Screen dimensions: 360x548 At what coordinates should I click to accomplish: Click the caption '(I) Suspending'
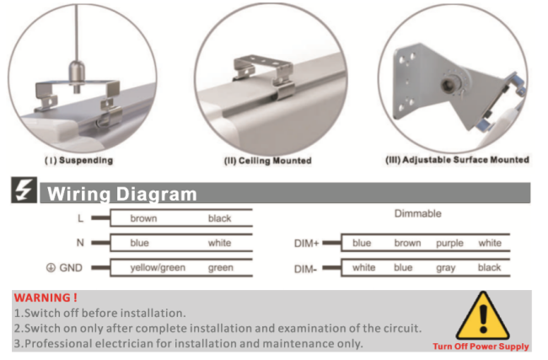point(78,159)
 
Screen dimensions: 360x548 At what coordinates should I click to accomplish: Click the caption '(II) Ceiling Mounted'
point(267,160)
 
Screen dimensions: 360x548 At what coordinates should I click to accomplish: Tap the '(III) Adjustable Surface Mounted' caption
point(457,159)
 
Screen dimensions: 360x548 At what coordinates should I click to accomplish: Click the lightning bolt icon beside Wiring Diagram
point(25,192)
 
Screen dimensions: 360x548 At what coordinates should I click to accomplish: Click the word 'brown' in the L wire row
point(143,218)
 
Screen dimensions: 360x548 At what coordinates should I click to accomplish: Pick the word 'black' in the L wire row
point(219,218)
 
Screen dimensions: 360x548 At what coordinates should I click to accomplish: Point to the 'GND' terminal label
point(69,268)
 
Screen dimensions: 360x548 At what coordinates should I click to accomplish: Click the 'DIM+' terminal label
point(307,244)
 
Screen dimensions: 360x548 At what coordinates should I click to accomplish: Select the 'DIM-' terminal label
point(306,268)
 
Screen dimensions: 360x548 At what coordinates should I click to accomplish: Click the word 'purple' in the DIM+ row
point(449,244)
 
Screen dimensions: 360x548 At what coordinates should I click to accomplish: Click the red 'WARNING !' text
point(46,298)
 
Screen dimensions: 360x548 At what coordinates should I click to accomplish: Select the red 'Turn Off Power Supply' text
point(481,347)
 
